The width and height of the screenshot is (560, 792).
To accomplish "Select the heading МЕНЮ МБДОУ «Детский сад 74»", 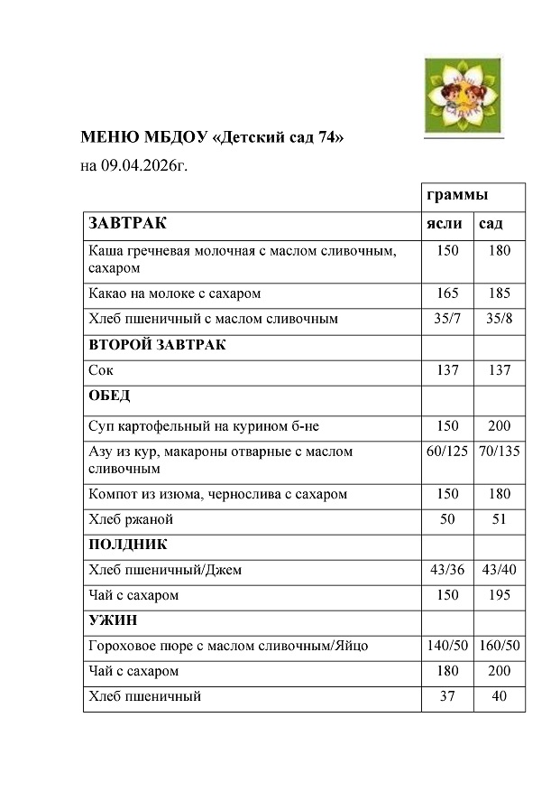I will [213, 138].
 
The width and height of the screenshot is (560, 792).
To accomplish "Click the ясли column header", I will [444, 223].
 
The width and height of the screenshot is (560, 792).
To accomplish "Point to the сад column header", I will [491, 223].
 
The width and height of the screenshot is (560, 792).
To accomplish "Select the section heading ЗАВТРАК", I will [127, 223].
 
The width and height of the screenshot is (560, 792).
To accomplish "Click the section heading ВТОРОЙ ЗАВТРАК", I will [157, 345].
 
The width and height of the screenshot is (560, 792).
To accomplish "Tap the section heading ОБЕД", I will [109, 396].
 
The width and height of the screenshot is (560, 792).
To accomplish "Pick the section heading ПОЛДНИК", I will [127, 545].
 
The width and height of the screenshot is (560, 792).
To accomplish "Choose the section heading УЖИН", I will [113, 621].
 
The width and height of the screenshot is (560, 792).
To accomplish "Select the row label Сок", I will [101, 370].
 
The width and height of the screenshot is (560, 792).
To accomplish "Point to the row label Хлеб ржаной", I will [131, 519].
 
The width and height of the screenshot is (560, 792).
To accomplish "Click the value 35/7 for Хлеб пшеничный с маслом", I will [447, 319].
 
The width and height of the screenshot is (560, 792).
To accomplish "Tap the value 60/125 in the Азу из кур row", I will [447, 451].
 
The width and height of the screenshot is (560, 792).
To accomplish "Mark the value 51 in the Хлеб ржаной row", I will [500, 519].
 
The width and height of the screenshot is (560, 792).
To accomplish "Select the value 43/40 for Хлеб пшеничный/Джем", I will [500, 570].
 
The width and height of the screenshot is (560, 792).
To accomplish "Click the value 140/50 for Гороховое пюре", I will [447, 646].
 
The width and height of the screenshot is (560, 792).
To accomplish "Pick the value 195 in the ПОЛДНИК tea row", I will [500, 595].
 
